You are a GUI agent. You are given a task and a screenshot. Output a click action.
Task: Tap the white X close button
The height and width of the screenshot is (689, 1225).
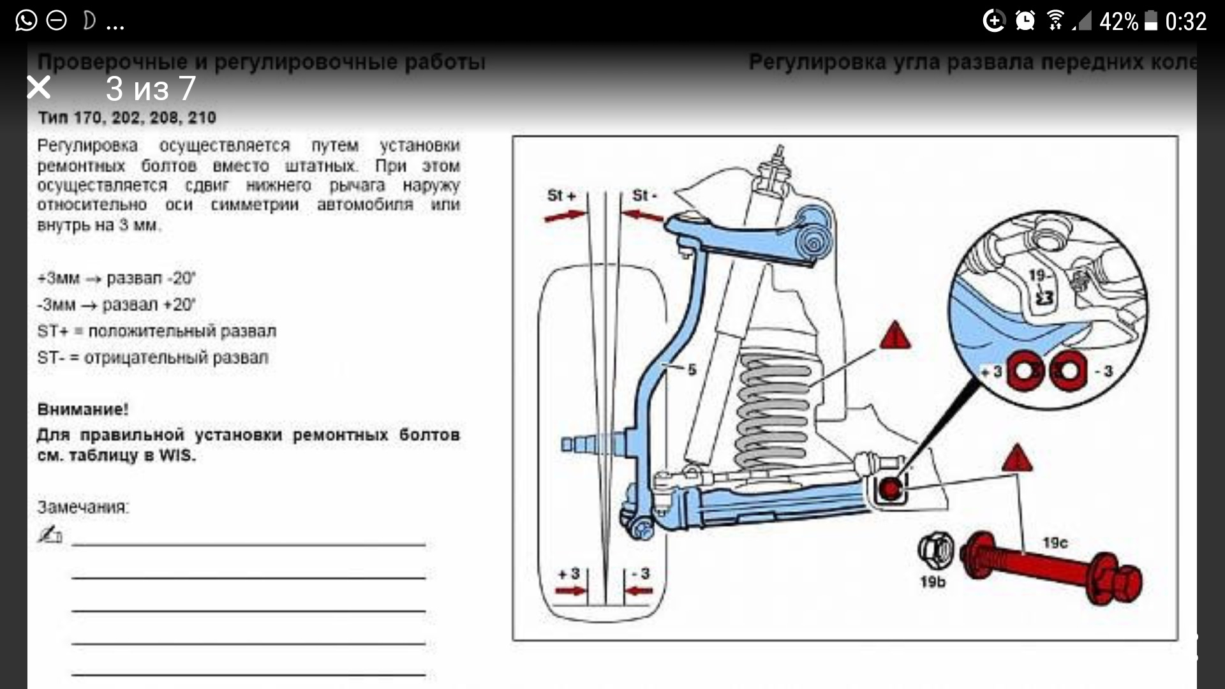39,87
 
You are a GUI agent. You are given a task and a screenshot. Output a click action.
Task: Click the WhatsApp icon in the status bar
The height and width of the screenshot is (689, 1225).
26,21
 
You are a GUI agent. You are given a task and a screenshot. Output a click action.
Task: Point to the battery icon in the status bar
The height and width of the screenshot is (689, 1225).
1151,21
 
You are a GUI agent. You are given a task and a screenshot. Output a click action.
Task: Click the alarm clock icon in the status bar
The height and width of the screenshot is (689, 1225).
1025,21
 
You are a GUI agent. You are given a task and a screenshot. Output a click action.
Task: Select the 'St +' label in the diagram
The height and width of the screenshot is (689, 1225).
561,195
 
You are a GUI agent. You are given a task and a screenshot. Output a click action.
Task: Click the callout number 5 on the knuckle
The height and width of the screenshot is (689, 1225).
692,369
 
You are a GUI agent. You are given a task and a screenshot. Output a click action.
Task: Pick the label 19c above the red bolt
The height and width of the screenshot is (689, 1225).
1055,543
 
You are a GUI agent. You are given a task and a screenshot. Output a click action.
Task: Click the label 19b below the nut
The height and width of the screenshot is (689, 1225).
933,582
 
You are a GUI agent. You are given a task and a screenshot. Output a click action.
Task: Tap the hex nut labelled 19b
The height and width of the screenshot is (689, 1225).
935,550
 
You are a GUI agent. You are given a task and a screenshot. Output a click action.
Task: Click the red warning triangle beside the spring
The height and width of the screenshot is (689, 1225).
895,336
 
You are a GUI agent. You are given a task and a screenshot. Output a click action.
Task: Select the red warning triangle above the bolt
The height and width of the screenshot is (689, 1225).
1016,459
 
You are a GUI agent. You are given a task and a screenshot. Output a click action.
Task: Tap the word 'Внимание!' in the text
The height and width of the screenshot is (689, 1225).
83,410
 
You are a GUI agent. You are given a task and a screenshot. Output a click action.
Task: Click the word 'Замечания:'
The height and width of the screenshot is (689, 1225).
83,507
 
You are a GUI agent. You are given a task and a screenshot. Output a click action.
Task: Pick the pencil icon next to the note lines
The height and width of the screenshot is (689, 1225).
50,535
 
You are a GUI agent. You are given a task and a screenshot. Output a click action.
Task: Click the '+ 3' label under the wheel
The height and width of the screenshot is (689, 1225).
568,574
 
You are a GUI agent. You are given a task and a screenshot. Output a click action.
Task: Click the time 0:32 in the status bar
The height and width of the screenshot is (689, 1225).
1185,22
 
